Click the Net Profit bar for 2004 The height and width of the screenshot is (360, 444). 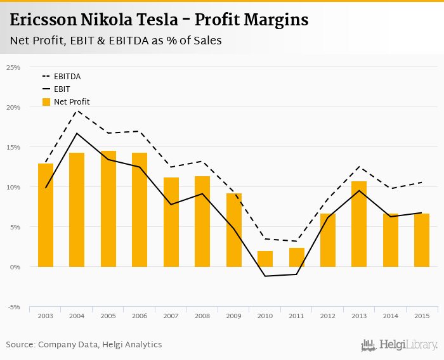click(x=77, y=210)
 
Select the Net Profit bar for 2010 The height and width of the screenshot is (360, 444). click(x=265, y=259)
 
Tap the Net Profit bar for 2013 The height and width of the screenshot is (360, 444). click(x=359, y=224)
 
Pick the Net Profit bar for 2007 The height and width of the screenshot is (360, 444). click(x=171, y=222)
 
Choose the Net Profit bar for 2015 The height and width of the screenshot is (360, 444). click(x=422, y=240)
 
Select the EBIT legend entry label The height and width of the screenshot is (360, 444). click(x=62, y=89)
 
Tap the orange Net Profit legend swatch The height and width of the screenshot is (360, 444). click(x=46, y=102)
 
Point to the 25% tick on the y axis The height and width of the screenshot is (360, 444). click(x=13, y=67)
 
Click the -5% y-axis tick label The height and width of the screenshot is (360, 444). click(x=13, y=307)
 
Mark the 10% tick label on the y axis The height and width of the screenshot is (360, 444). click(x=13, y=187)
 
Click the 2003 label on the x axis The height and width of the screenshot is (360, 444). click(x=45, y=316)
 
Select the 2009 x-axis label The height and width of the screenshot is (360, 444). click(x=233, y=316)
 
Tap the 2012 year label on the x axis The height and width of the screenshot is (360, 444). click(x=328, y=316)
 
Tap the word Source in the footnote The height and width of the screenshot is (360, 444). click(x=20, y=345)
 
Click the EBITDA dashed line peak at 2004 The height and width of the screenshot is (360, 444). click(x=77, y=111)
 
